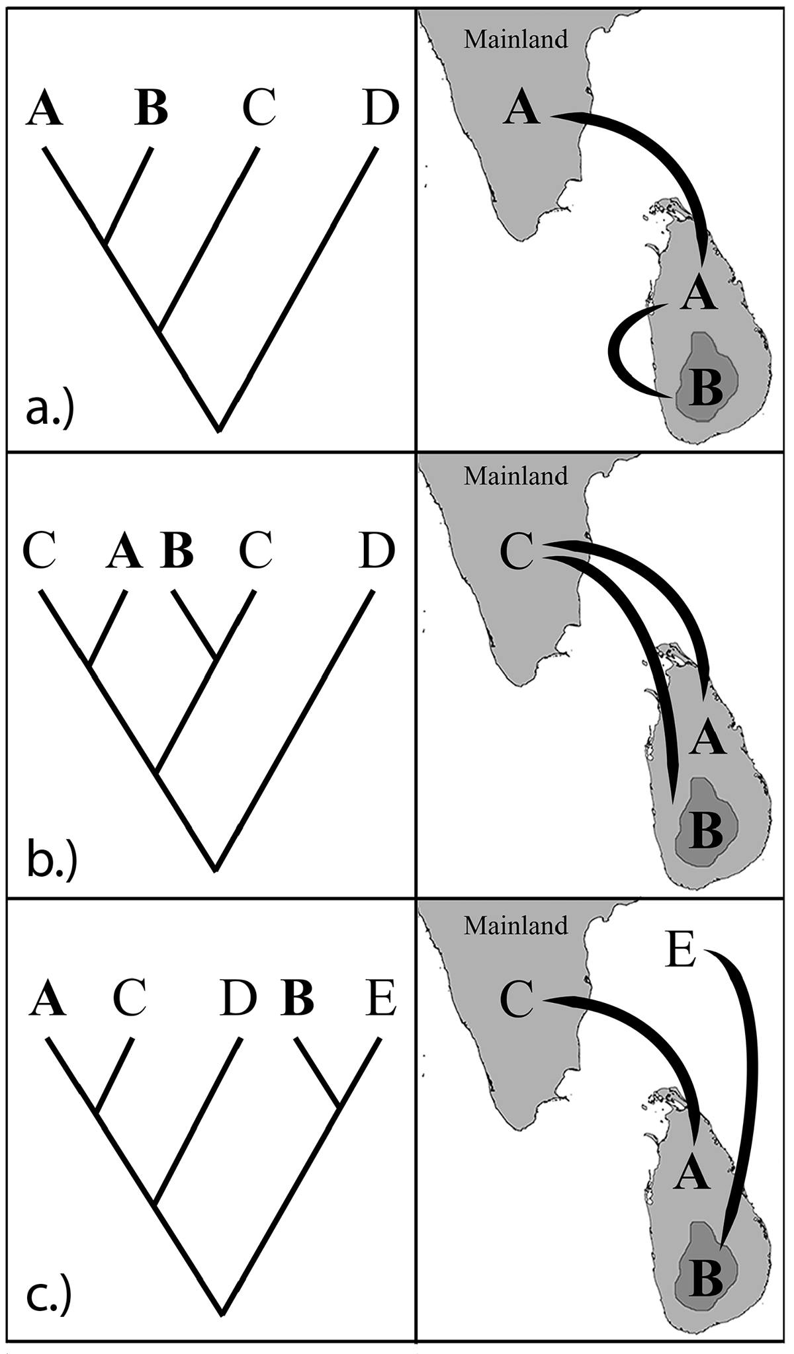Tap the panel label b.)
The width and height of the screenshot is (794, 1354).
[52, 859]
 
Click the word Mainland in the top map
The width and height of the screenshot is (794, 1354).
[515, 39]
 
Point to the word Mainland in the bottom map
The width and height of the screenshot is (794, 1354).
[515, 925]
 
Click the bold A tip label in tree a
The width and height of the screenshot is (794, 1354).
[45, 108]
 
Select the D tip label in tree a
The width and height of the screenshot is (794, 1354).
[381, 108]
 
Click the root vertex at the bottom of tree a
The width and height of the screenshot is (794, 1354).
[219, 430]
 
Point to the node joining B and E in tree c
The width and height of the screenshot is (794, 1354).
[339, 1105]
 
